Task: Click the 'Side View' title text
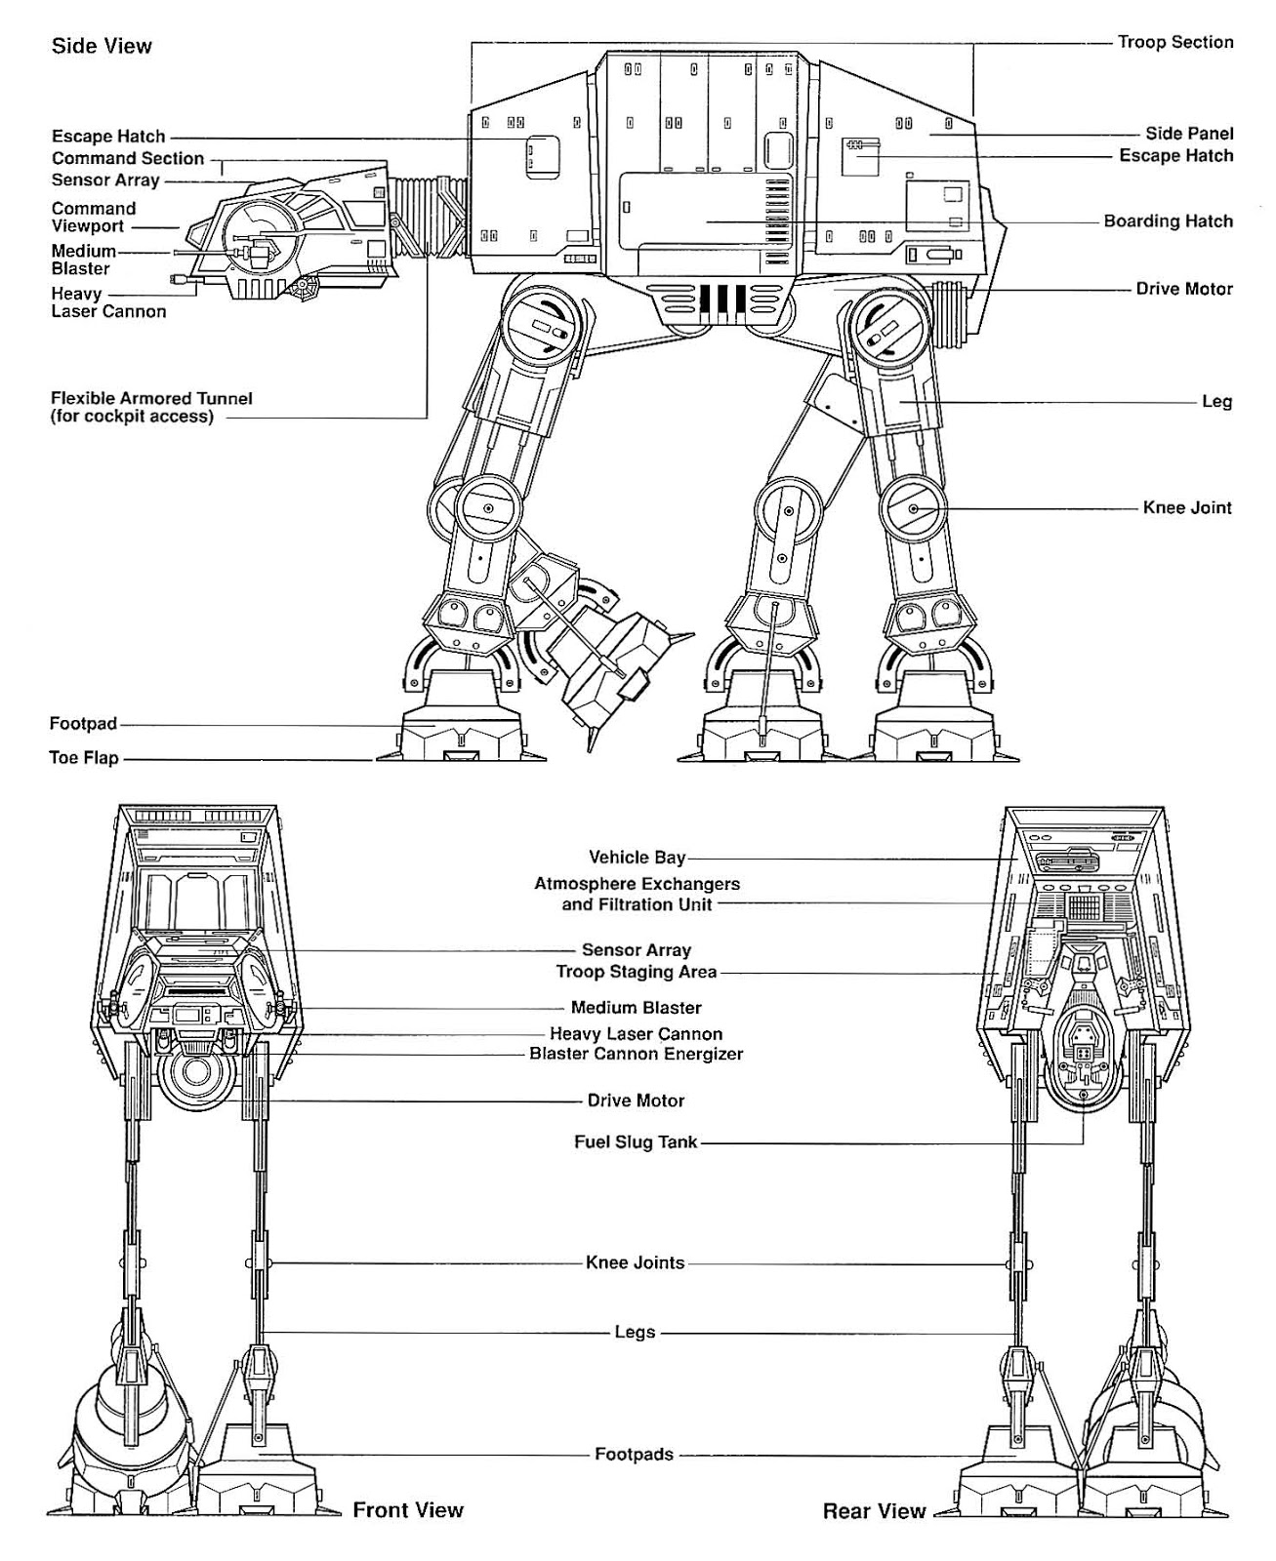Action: (x=102, y=46)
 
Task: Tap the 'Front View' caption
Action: (x=408, y=1510)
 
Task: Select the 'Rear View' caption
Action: (x=874, y=1511)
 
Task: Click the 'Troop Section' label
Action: (x=1175, y=42)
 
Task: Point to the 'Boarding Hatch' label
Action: (x=1168, y=221)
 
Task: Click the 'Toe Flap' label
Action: (x=84, y=758)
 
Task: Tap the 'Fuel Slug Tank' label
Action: (x=636, y=1141)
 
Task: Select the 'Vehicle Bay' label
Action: (x=637, y=858)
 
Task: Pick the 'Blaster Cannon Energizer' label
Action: (x=636, y=1054)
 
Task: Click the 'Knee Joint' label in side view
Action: (x=1187, y=507)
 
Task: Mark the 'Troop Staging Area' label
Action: (x=636, y=972)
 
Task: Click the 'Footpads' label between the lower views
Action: (x=634, y=1454)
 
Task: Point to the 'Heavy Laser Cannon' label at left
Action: (x=108, y=302)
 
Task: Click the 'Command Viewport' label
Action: (x=94, y=217)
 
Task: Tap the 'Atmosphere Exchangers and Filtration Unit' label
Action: (x=637, y=894)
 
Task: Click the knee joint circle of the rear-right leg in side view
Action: (x=914, y=508)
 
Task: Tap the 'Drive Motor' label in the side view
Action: (x=1183, y=289)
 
